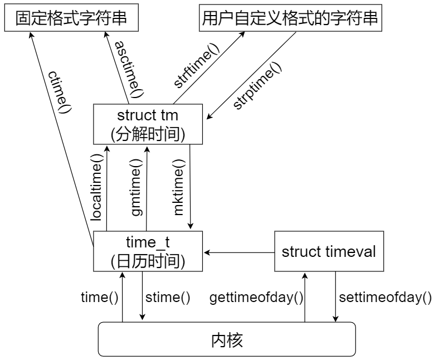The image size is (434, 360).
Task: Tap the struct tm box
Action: coord(148,125)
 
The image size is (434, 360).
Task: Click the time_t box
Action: coord(148,252)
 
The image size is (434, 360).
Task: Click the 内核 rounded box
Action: coord(227,339)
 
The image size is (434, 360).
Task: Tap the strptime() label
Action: coord(257,85)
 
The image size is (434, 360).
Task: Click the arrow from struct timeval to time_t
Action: coord(240,252)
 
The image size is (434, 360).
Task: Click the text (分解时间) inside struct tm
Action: coord(148,134)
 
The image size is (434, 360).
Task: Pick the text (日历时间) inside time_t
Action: coord(148,261)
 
